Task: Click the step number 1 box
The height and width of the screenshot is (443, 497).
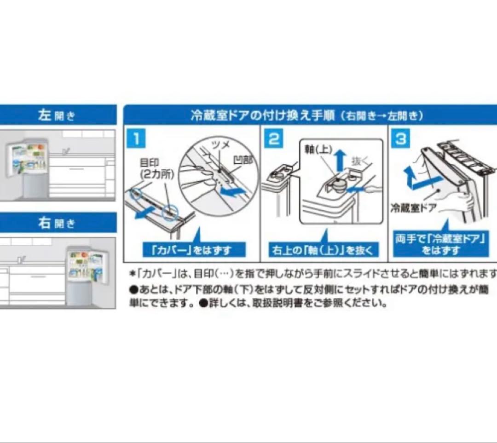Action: click(137, 139)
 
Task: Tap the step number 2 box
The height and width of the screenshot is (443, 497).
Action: click(274, 139)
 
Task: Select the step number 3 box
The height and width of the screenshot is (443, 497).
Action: click(401, 139)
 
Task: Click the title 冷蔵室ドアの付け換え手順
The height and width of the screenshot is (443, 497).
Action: click(262, 115)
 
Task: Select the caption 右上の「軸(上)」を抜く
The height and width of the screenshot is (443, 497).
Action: click(324, 250)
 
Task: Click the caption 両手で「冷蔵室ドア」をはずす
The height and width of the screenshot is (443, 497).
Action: click(440, 245)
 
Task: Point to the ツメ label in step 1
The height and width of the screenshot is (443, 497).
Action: click(220, 145)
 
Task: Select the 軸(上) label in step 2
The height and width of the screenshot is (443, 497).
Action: click(318, 149)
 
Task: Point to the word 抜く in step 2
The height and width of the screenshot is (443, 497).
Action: click(360, 161)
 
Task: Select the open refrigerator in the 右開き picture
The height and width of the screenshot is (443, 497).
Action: click(86, 275)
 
